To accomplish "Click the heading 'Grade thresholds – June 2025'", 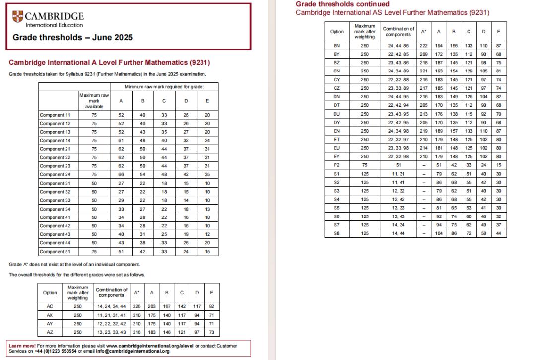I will tap(72, 37).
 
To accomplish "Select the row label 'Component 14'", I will tap(55, 140).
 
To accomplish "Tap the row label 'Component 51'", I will tap(55, 252).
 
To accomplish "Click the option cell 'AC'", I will tap(50, 306).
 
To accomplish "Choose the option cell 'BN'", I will tap(336, 45).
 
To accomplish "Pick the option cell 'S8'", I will tap(336, 234).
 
